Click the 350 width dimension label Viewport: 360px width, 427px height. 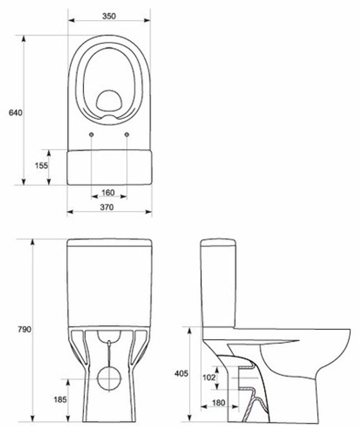point(109,16)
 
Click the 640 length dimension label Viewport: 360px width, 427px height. point(15,112)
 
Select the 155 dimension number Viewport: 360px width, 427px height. point(41,165)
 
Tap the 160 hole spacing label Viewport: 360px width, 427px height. point(108,193)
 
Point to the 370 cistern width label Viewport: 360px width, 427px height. point(107,207)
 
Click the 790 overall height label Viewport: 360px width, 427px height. point(24,329)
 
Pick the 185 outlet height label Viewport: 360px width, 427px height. point(60,400)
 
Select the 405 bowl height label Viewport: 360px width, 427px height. point(181,373)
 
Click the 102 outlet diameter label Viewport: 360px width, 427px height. point(209,377)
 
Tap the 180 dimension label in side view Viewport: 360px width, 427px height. point(219,403)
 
